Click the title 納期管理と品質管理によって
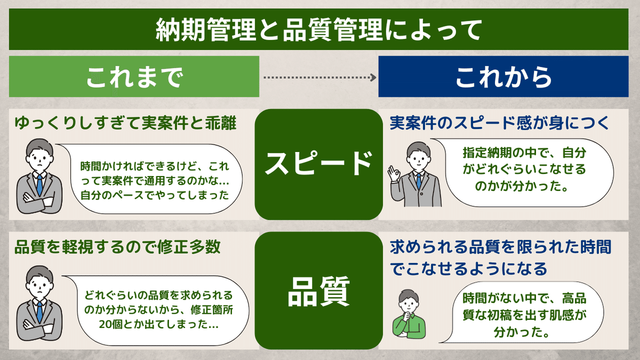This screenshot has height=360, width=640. tap(318, 29)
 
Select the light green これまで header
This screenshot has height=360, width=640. tap(134, 77)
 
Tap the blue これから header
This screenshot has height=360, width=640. tap(503, 77)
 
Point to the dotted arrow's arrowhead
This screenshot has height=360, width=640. tap(373, 77)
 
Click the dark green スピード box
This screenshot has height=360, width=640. tap(318, 164)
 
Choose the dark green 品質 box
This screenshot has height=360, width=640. tap(318, 291)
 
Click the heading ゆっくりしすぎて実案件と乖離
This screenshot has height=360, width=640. tap(125, 123)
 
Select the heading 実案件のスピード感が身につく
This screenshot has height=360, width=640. tap(499, 123)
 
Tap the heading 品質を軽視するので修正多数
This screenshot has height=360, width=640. tap(117, 247)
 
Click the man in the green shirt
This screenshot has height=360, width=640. tap(409, 314)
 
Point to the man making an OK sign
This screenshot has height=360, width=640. tap(415, 174)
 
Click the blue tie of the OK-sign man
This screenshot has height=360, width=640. tap(419, 181)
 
